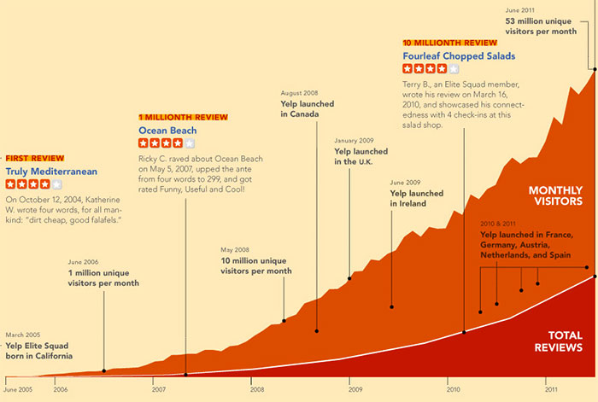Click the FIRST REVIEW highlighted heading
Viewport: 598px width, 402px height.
pos(35,158)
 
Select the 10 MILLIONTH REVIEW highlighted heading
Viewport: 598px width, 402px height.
pos(449,42)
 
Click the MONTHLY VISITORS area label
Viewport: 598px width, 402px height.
pos(555,195)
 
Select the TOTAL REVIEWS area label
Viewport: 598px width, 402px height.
pos(559,341)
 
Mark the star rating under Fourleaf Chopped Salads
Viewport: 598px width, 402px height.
pos(431,69)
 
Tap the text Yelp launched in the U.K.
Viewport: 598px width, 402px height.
pos(361,157)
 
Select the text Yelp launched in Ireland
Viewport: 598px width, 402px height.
pos(416,199)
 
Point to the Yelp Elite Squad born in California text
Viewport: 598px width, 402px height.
pos(39,351)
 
